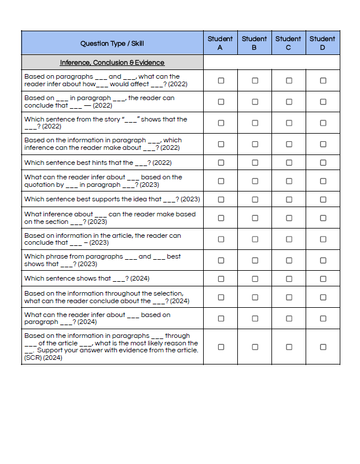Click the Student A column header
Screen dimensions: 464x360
click(220, 43)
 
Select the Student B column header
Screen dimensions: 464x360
click(254, 43)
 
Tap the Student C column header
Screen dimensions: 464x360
click(288, 43)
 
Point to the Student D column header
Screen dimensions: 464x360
click(322, 43)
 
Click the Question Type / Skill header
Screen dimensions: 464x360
click(112, 43)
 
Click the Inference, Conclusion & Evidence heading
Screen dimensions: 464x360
click(112, 62)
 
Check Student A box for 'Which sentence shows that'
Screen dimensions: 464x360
click(221, 278)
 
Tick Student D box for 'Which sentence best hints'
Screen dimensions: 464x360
click(323, 163)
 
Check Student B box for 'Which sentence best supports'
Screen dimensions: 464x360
click(255, 199)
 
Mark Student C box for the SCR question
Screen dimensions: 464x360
click(289, 347)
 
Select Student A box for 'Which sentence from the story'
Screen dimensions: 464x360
click(221, 123)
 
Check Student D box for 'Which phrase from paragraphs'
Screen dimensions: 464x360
click(323, 260)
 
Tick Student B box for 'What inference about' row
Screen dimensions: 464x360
click(255, 218)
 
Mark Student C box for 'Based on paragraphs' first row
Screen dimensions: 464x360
click(289, 80)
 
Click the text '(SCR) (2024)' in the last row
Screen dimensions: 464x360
click(43, 358)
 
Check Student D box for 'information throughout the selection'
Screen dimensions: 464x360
click(323, 297)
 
